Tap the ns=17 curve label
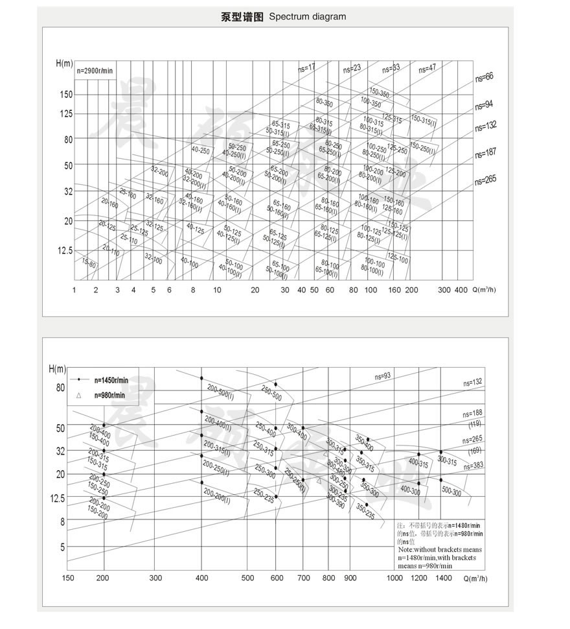[x=307, y=67]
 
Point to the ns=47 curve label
[x=427, y=67]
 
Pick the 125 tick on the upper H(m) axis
[x=65, y=114]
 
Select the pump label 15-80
[x=89, y=263]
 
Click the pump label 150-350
[x=380, y=93]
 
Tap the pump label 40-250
[x=201, y=150]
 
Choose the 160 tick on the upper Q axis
[x=395, y=290]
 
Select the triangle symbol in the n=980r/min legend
[x=78, y=394]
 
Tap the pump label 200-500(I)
[x=220, y=390]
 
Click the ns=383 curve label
[x=473, y=466]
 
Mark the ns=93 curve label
[x=383, y=377]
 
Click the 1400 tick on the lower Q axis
[x=444, y=578]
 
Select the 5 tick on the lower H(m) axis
[x=62, y=547]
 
